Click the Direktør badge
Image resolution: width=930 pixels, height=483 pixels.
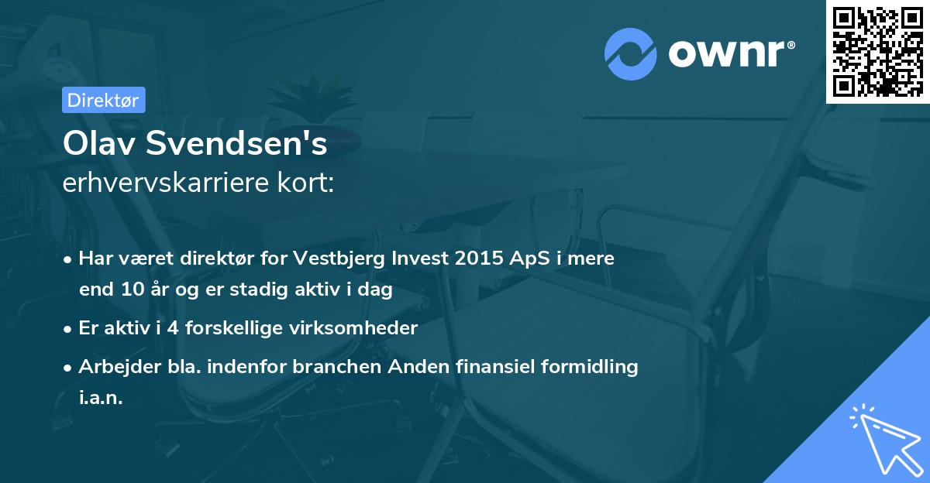(103, 100)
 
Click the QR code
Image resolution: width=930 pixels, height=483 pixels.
(877, 51)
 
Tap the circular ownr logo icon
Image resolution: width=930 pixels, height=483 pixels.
(631, 53)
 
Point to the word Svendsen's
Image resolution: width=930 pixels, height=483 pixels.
(242, 144)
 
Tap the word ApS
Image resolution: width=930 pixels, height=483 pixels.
(523, 259)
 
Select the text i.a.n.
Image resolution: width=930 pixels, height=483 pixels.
(101, 398)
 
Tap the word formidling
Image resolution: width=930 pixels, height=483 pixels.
(590, 367)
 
